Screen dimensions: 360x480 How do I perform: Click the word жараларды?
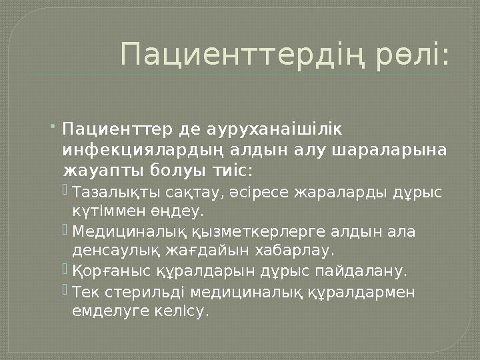(x=342, y=193)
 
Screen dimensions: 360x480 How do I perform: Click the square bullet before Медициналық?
(x=65, y=231)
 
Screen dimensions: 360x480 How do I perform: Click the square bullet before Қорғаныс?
(x=65, y=270)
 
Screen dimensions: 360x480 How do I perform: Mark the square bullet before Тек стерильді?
(x=65, y=290)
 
